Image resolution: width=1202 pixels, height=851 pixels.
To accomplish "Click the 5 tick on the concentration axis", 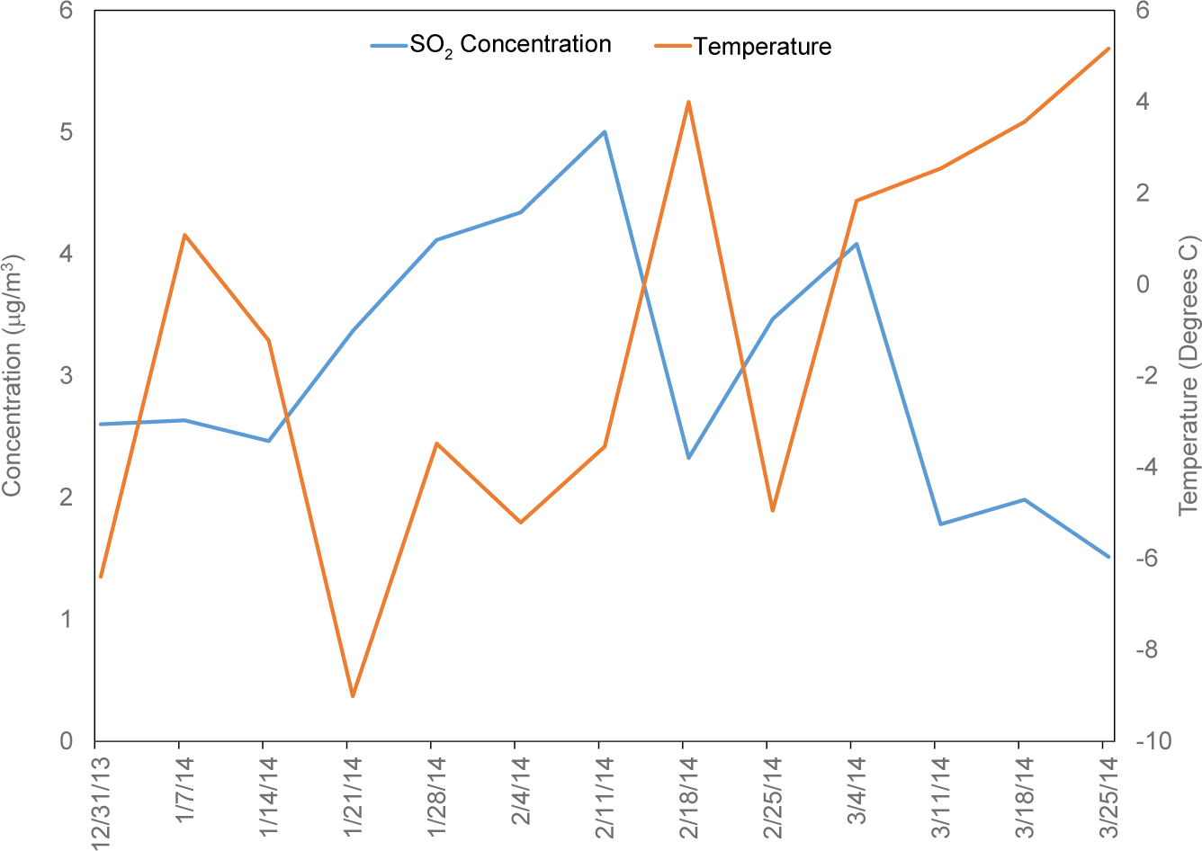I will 66,132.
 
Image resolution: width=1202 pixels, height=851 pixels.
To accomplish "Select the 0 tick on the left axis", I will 66,741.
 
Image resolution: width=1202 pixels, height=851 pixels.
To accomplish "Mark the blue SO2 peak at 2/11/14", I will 605,131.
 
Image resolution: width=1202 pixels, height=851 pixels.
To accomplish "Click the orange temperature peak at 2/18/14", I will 688,102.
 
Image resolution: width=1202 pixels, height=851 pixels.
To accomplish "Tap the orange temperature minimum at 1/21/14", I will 353,696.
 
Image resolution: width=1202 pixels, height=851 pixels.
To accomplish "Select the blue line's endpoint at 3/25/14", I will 1108,557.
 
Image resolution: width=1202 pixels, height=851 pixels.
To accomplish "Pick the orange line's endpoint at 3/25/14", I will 1108,49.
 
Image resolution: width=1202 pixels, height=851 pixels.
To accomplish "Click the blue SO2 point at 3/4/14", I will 857,244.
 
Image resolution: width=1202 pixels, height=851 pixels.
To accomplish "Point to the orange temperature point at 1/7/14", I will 184,235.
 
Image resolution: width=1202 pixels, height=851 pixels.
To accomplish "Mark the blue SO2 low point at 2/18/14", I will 688,458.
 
